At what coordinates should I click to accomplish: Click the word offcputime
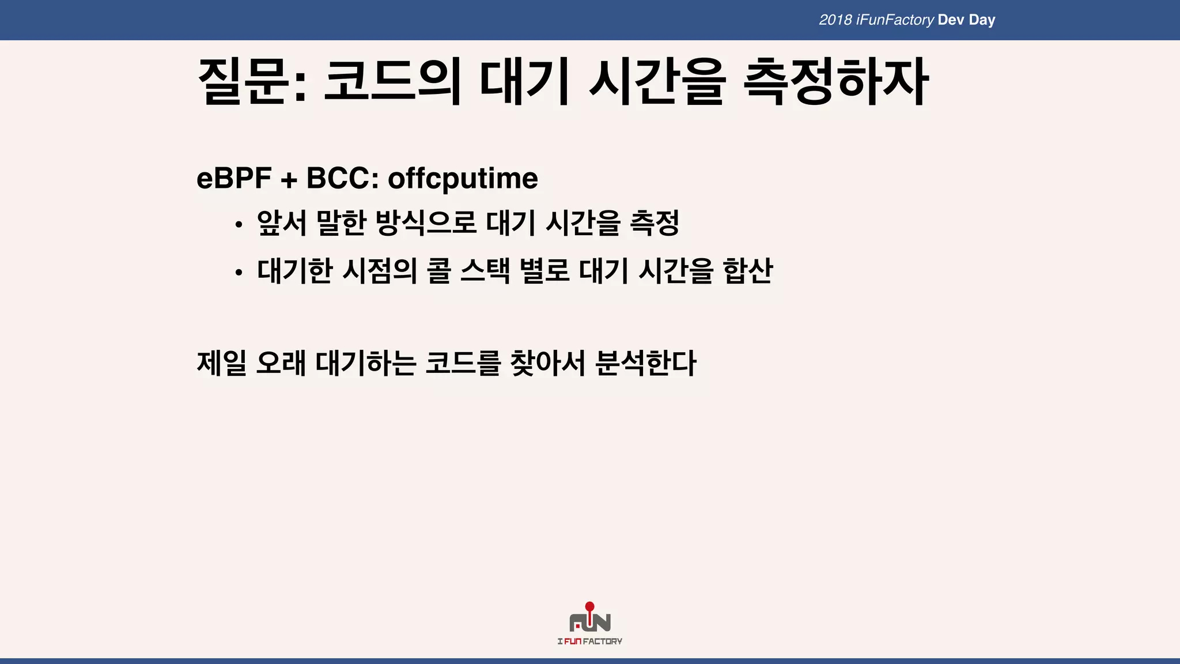point(463,178)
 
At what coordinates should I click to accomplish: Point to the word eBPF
point(234,178)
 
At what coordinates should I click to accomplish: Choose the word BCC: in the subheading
point(342,178)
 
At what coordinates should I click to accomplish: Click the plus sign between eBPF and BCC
point(289,180)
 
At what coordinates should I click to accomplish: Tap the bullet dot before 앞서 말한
point(239,225)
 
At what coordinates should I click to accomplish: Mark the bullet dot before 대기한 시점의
point(239,273)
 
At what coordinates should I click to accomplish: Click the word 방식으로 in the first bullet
point(426,223)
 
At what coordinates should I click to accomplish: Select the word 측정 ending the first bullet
point(655,223)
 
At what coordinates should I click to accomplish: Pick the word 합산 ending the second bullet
point(747,270)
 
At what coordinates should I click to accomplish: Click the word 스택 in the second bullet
point(485,270)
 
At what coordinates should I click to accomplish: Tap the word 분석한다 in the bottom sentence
point(645,363)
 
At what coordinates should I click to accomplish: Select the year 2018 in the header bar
point(835,20)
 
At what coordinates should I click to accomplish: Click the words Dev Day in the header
point(966,20)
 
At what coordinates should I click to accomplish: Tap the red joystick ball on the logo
point(589,606)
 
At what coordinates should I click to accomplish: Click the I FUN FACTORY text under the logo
point(589,641)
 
